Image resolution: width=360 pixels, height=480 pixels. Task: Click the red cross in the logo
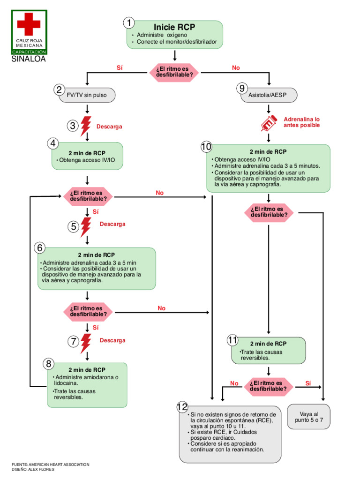click(x=29, y=24)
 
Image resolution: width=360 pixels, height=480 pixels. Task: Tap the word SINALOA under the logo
click(x=29, y=60)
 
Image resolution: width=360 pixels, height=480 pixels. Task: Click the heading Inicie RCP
click(x=174, y=27)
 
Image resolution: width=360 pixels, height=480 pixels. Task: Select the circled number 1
click(x=129, y=23)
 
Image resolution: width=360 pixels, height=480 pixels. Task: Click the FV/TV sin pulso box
click(x=87, y=95)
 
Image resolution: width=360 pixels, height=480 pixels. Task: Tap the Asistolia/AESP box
click(x=269, y=95)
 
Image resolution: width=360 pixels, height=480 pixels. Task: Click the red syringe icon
click(x=270, y=123)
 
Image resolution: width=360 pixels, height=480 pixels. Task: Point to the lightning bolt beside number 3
click(x=86, y=126)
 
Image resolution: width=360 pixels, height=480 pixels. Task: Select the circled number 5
click(x=74, y=227)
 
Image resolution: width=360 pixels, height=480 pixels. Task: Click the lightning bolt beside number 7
click(x=86, y=343)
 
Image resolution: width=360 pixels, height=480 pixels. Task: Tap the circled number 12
click(x=182, y=407)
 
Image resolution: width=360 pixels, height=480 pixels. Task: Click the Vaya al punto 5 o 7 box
click(x=309, y=417)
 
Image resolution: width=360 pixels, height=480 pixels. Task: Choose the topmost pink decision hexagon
click(x=174, y=71)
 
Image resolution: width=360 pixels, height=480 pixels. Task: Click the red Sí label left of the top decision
click(x=120, y=68)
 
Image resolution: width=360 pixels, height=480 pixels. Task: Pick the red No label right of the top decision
click(x=236, y=68)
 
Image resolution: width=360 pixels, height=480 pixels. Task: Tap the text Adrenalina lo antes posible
click(x=301, y=122)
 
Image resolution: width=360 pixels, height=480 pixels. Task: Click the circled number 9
click(x=241, y=88)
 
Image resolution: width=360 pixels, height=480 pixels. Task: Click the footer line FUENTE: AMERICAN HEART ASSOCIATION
click(x=50, y=464)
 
